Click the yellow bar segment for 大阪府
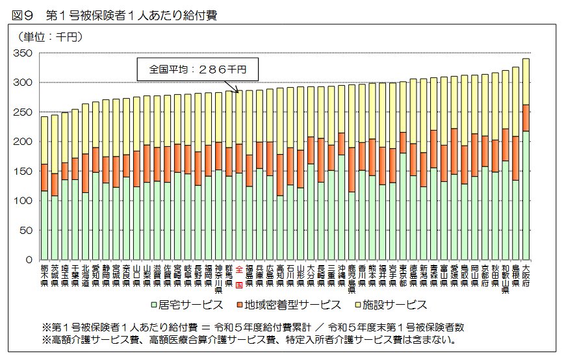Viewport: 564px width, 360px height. click(525, 81)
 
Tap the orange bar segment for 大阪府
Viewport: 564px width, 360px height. click(525, 118)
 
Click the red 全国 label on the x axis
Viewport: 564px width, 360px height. click(238, 276)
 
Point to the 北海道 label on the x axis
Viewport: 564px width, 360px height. click(86, 276)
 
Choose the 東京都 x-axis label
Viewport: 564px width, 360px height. click(403, 276)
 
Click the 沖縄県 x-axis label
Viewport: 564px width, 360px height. click(340, 276)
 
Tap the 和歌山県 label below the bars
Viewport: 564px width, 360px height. click(505, 279)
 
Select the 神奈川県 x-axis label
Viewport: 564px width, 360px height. click(218, 279)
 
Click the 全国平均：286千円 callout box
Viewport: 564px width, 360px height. click(198, 68)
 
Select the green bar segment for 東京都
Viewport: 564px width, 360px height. click(403, 206)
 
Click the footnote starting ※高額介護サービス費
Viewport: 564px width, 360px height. click(247, 339)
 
